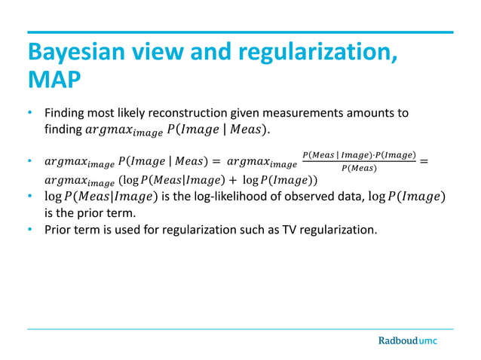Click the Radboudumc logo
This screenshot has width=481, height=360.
[407, 340]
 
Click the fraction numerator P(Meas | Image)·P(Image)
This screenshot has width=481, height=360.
[358, 155]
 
